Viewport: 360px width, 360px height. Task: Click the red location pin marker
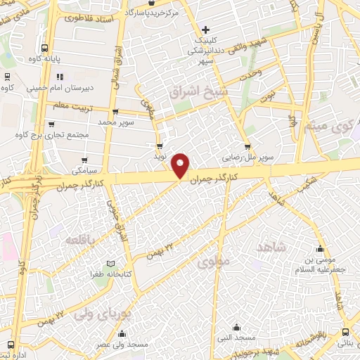click(x=181, y=165)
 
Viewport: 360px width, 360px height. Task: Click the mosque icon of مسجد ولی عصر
click(x=122, y=334)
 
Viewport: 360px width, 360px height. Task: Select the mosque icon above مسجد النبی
click(x=236, y=327)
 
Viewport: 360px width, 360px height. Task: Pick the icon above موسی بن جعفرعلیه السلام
click(x=321, y=248)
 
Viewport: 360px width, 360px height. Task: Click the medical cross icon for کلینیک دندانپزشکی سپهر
click(x=205, y=30)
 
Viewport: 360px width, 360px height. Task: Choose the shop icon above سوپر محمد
click(x=115, y=112)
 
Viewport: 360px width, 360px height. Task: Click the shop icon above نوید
click(x=160, y=146)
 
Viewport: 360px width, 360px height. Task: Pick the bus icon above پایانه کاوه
click(x=45, y=49)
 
